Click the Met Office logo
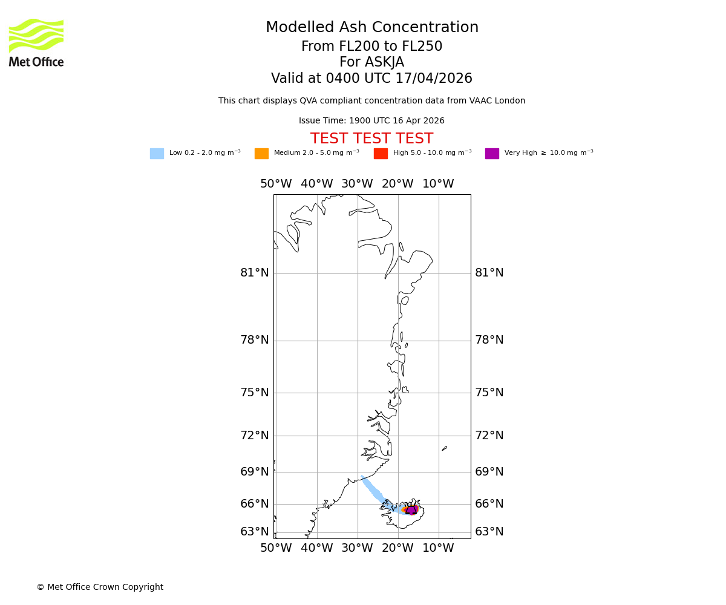pyautogui.click(x=36, y=42)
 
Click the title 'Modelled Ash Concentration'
pyautogui.click(x=371, y=28)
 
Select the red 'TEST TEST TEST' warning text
pyautogui.click(x=371, y=139)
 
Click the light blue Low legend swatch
pyautogui.click(x=157, y=154)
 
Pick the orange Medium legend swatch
pyautogui.click(x=261, y=154)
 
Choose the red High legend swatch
pyautogui.click(x=381, y=154)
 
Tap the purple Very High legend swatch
pyautogui.click(x=492, y=154)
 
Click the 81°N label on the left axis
pyautogui.click(x=254, y=273)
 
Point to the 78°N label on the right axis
pyautogui.click(x=489, y=340)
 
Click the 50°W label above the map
pyautogui.click(x=276, y=184)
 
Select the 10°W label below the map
pyautogui.click(x=438, y=548)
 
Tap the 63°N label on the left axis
pyautogui.click(x=254, y=532)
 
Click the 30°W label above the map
pyautogui.click(x=357, y=184)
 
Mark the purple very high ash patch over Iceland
pyautogui.click(x=411, y=510)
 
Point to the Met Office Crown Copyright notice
pyautogui.click(x=100, y=587)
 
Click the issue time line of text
pyautogui.click(x=371, y=121)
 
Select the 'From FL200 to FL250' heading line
pyautogui.click(x=371, y=47)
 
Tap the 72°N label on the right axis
pyautogui.click(x=489, y=436)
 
